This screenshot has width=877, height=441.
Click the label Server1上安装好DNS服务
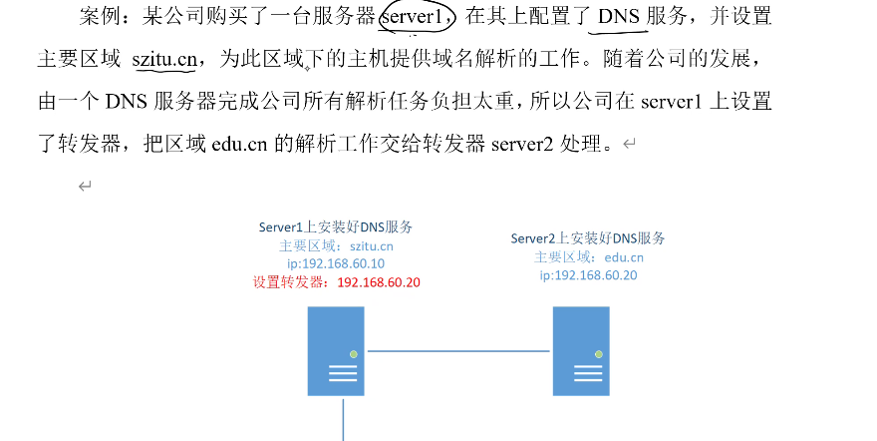coord(336,227)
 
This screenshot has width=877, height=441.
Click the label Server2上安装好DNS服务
coord(588,238)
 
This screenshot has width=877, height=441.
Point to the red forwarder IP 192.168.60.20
coord(379,282)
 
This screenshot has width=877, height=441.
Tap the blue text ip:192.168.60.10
coord(336,264)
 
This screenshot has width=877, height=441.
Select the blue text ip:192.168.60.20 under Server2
coord(588,275)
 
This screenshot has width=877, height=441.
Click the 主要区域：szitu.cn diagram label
coord(336,245)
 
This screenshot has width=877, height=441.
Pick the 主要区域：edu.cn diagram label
coord(588,256)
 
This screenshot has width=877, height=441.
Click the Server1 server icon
coord(336,351)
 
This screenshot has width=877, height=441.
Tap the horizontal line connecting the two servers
coord(458,351)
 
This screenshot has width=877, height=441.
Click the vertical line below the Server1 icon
coord(344,419)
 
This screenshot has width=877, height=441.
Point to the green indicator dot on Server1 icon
coord(353,354)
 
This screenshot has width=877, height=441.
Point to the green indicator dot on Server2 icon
coord(599,354)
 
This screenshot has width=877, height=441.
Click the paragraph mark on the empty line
coord(85,187)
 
